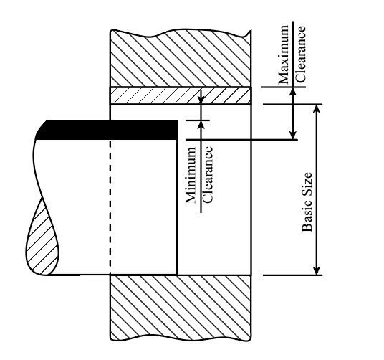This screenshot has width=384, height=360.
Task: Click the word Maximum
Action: tap(284, 55)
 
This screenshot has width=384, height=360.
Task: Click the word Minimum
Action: tap(191, 175)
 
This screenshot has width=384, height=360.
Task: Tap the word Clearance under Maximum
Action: tap(300, 54)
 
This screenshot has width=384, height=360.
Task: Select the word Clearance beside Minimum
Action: tap(208, 174)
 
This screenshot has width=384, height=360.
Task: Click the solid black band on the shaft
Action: tap(107, 130)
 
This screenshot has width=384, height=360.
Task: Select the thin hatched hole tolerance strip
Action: tap(181, 96)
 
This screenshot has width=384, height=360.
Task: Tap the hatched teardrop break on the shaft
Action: tap(42, 237)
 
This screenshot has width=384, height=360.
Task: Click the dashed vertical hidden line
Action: tap(110, 207)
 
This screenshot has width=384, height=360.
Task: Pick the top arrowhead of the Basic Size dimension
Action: tap(317, 108)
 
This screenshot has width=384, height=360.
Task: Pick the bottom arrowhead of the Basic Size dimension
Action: tap(317, 271)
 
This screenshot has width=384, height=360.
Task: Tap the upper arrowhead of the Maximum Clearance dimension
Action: tap(293, 91)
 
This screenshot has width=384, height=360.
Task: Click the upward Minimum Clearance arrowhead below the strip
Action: tap(201, 125)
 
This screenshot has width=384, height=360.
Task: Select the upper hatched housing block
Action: tap(181, 58)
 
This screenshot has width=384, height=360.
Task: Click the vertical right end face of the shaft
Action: tap(177, 207)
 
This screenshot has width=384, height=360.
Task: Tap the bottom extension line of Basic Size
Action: tap(292, 275)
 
